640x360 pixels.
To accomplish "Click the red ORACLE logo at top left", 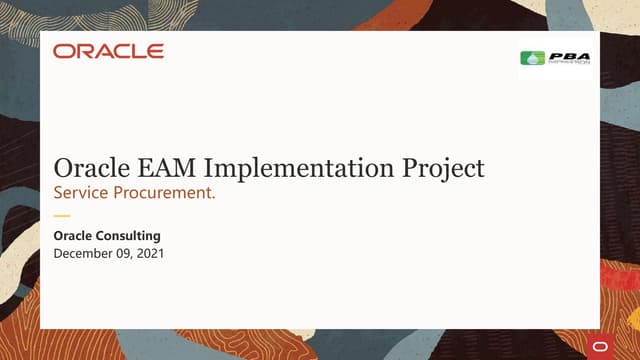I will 109,51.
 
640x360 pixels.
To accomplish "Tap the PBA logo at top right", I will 556,58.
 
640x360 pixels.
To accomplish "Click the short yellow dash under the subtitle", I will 62,215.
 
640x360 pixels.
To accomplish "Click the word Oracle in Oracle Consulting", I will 76,236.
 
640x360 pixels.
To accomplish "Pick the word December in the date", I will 85,255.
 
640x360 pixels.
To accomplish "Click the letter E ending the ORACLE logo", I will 155,51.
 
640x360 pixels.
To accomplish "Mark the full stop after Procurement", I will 213,198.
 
